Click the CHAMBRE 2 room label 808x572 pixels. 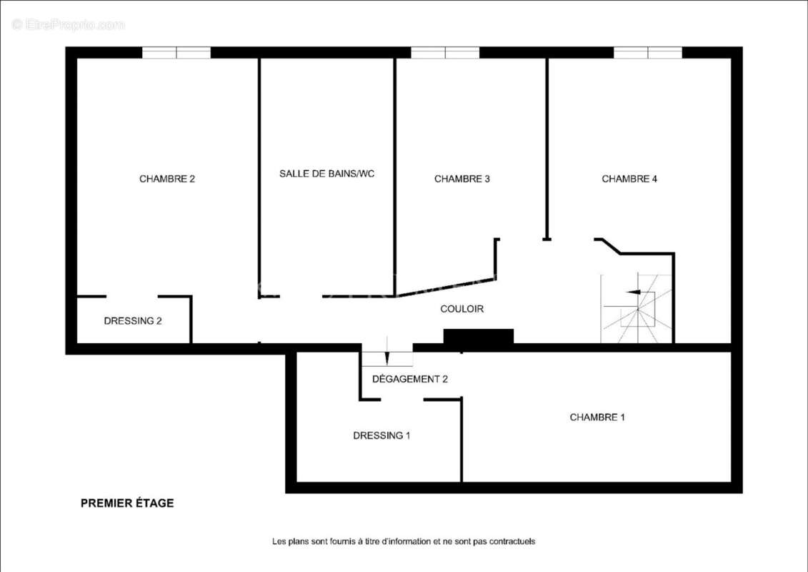pyautogui.click(x=167, y=179)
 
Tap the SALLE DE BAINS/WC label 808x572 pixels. pyautogui.click(x=326, y=174)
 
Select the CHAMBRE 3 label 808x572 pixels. pyautogui.click(x=462, y=179)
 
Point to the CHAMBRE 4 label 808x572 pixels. pyautogui.click(x=629, y=179)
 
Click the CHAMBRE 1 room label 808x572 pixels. pyautogui.click(x=597, y=417)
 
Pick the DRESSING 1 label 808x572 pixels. pyautogui.click(x=381, y=435)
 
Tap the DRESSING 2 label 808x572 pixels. pyautogui.click(x=133, y=321)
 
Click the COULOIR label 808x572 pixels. pyautogui.click(x=462, y=309)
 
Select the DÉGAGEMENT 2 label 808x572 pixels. pyautogui.click(x=409, y=379)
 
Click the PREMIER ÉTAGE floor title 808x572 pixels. pyautogui.click(x=127, y=503)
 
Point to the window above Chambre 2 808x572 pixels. pyautogui.click(x=176, y=53)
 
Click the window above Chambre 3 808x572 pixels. pyautogui.click(x=444, y=53)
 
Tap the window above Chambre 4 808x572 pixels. pyautogui.click(x=648, y=53)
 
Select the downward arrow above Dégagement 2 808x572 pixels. pyautogui.click(x=387, y=351)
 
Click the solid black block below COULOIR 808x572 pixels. pyautogui.click(x=479, y=336)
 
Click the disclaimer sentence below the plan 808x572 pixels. pyautogui.click(x=404, y=541)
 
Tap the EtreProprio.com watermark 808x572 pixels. pyautogui.click(x=68, y=24)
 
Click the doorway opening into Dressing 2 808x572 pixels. pyautogui.click(x=132, y=297)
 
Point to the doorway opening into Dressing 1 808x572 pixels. pyautogui.click(x=402, y=400)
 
